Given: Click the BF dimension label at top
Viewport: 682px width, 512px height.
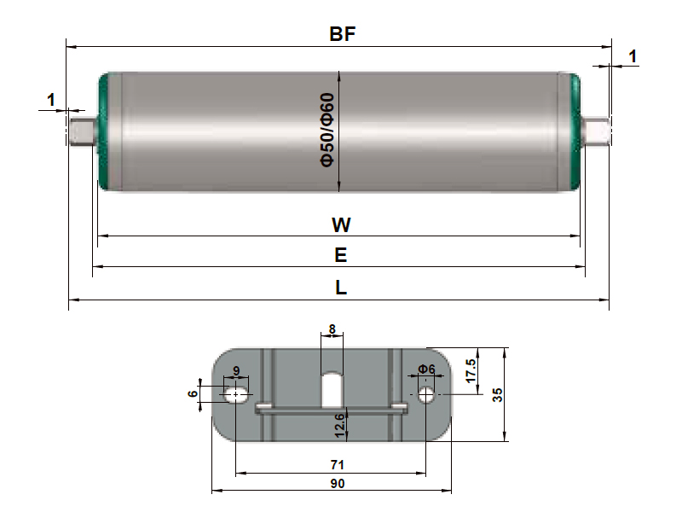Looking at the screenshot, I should pyautogui.click(x=342, y=35).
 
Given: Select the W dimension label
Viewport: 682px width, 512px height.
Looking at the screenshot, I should pyautogui.click(x=341, y=225).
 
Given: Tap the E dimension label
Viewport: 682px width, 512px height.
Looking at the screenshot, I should pyautogui.click(x=341, y=255).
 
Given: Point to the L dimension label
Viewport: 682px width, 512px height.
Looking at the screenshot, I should pyautogui.click(x=341, y=288).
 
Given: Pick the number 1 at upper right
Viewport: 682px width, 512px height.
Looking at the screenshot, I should pyautogui.click(x=632, y=56).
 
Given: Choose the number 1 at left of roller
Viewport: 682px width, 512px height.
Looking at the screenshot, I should pyautogui.click(x=51, y=100).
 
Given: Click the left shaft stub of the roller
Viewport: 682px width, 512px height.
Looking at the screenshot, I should pyautogui.click(x=81, y=132).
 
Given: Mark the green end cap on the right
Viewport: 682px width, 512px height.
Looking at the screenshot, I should pyautogui.click(x=575, y=132).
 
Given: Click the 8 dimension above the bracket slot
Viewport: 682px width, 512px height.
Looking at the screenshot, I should pyautogui.click(x=332, y=328).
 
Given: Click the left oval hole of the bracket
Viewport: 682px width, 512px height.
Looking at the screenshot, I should pyautogui.click(x=235, y=394).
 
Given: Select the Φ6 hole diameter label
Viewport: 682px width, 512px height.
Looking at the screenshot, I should pyautogui.click(x=426, y=369).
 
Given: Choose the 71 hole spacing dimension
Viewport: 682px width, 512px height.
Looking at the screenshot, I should pyautogui.click(x=337, y=464).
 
